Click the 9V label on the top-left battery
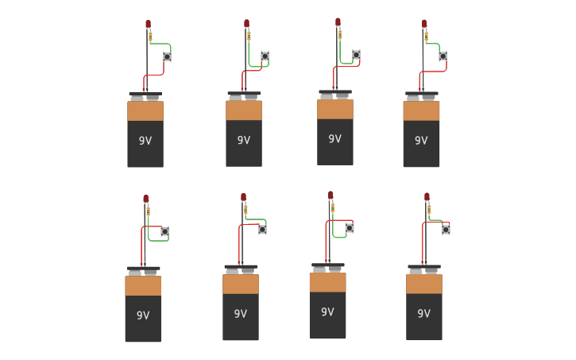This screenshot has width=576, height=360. [145, 141]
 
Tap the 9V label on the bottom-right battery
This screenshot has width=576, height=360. [424, 313]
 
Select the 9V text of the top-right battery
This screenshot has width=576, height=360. [421, 141]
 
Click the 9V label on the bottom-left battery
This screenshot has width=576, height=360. [143, 315]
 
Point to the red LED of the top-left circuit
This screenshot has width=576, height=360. [148, 25]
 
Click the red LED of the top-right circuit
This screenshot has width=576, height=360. [424, 24]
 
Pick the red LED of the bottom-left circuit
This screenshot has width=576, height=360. [145, 199]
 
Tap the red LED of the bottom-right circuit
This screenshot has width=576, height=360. [427, 197]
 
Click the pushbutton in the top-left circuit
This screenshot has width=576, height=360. [167, 56]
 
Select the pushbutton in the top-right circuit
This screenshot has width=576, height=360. [443, 56]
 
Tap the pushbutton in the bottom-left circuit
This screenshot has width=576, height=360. [164, 232]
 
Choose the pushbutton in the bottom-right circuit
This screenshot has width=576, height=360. [446, 230]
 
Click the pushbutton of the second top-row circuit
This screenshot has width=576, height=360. [265, 56]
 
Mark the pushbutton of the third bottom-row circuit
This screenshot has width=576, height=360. [349, 228]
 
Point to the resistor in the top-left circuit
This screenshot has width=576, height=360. [150, 37]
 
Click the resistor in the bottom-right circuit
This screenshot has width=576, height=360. [429, 210]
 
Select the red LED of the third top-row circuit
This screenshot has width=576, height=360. [338, 22]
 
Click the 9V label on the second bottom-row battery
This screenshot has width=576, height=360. [241, 314]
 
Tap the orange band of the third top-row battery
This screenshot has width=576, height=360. [335, 110]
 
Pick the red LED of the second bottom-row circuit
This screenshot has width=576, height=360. [243, 197]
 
